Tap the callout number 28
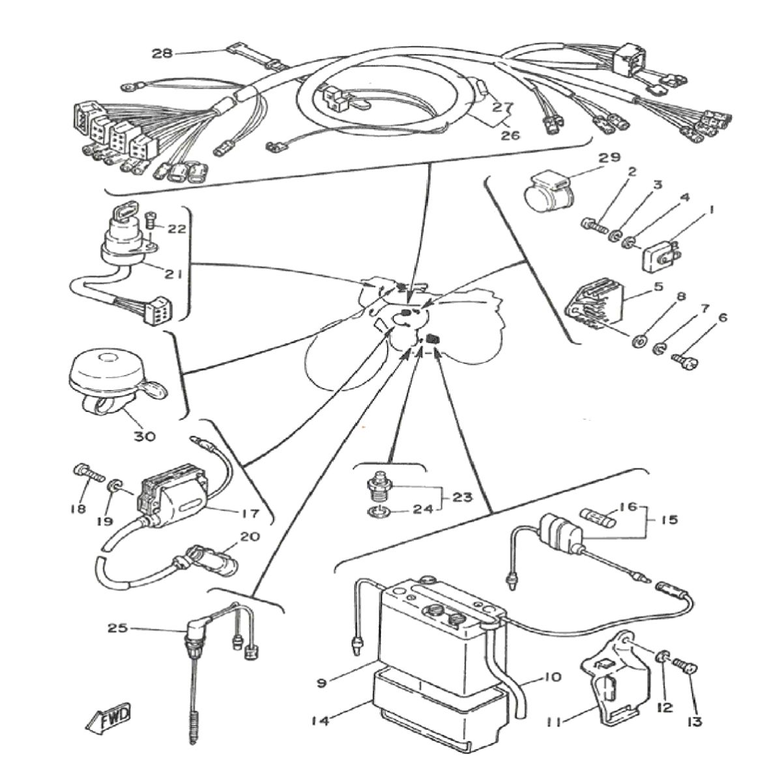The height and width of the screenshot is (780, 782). pos(162,53)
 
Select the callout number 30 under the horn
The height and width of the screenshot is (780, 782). pos(145,436)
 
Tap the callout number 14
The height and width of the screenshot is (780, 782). pos(319,720)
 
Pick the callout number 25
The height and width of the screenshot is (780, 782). pos(118,629)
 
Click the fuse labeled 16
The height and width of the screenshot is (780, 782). pos(599,520)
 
